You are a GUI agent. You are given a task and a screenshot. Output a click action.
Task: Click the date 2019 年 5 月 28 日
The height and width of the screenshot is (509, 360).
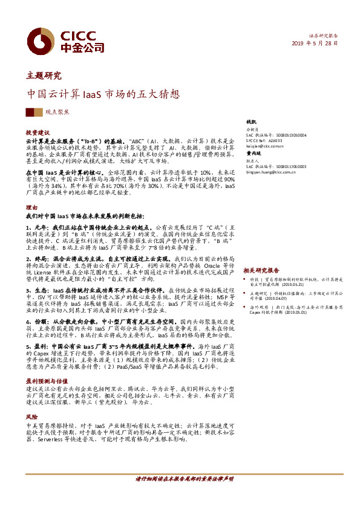click(x=316, y=44)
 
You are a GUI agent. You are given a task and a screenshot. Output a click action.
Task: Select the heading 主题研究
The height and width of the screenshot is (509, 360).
click(x=44, y=76)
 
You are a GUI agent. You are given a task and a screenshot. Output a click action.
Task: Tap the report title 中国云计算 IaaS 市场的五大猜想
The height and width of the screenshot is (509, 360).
click(x=103, y=95)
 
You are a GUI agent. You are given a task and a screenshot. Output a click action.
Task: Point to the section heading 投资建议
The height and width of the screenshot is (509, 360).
click(x=38, y=131)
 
